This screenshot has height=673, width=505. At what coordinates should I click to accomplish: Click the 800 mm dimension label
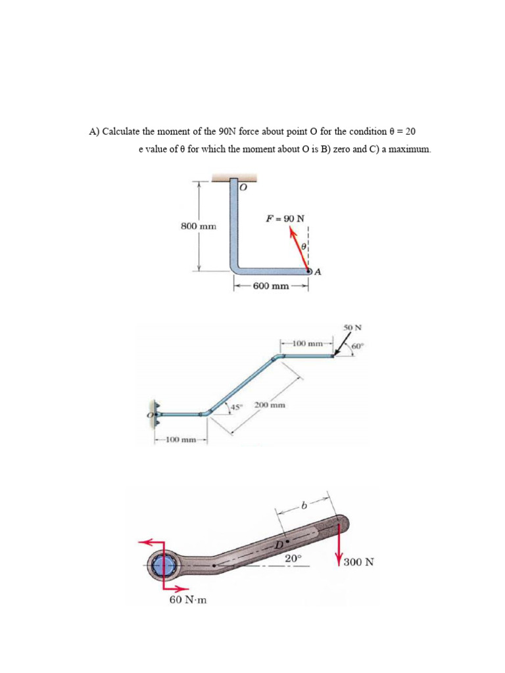(x=199, y=226)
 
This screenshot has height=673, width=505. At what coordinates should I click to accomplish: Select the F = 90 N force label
(x=284, y=218)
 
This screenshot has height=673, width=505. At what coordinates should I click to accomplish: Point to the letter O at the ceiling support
(x=243, y=187)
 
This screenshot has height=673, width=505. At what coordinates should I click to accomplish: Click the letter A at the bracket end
(x=318, y=273)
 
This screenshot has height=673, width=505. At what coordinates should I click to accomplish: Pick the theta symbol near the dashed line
(x=303, y=246)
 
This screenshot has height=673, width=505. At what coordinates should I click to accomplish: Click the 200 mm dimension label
(x=270, y=406)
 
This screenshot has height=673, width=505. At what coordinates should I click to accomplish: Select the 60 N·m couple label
(x=187, y=600)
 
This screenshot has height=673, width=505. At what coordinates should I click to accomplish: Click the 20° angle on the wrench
(x=293, y=558)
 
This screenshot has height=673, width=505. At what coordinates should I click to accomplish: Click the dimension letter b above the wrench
(x=303, y=506)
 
